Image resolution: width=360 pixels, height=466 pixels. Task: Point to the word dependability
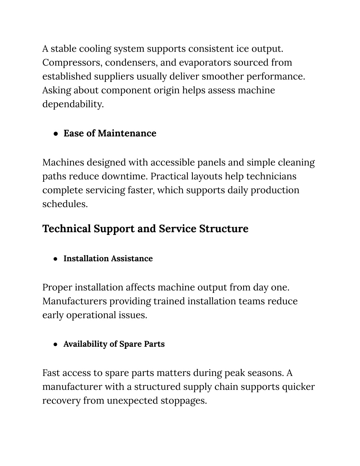click(73, 104)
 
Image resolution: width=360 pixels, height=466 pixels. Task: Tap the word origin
click(166, 90)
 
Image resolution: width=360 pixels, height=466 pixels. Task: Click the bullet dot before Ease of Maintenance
click(56, 134)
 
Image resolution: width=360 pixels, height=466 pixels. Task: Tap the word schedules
click(65, 204)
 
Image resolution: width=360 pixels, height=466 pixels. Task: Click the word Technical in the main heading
click(66, 229)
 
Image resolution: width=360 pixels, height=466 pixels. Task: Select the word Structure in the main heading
click(224, 229)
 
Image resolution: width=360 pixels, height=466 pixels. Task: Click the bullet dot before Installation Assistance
click(56, 259)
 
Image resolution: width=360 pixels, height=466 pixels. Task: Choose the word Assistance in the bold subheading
click(132, 258)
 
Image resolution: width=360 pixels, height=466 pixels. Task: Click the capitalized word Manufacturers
click(75, 301)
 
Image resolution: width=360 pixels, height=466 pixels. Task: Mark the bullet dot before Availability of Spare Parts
click(56, 344)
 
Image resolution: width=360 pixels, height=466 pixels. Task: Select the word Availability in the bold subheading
click(85, 344)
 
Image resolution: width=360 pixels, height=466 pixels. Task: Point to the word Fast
click(52, 373)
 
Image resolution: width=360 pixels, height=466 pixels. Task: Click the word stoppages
click(184, 401)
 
